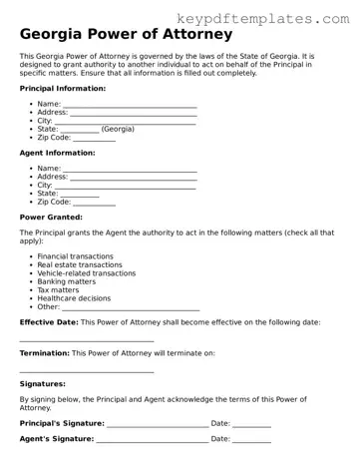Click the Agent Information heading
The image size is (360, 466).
coord(58,153)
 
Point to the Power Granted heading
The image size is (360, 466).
coord(51,217)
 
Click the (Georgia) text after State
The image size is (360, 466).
coord(118,129)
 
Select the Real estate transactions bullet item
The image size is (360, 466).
coord(80,264)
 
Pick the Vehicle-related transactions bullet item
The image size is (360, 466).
coord(87,273)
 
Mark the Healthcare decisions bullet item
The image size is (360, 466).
coord(75,298)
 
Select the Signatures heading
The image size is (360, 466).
coord(43,383)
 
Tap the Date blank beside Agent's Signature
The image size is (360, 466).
coord(252,440)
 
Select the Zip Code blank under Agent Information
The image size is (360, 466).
coord(95,203)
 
